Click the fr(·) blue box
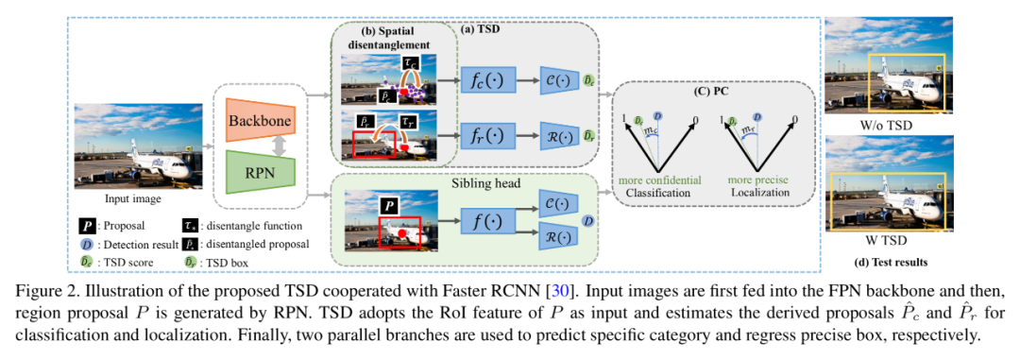click(487, 137)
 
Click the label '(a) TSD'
click(480, 28)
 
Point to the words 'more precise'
click(758, 180)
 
